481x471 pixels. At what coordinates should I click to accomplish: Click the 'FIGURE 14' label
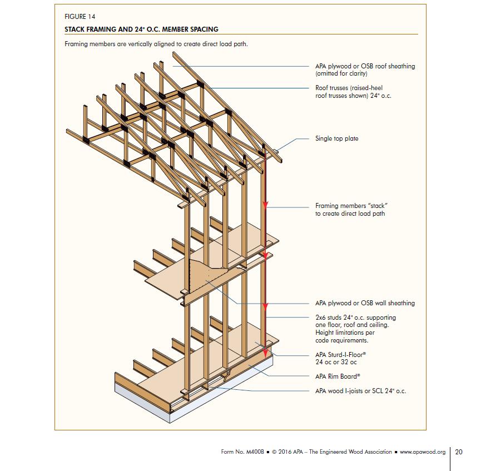pyautogui.click(x=80, y=17)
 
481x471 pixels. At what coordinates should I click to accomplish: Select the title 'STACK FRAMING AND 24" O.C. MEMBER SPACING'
pyautogui.click(x=141, y=29)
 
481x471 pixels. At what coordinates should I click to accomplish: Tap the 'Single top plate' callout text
pyautogui.click(x=336, y=138)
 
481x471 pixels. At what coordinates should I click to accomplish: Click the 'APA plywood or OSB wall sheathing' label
pyautogui.click(x=365, y=303)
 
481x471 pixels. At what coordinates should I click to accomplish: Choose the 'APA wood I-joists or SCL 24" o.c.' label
pyautogui.click(x=360, y=391)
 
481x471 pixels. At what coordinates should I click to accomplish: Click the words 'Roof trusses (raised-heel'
pyautogui.click(x=349, y=88)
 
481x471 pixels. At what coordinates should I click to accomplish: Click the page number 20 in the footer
pyautogui.click(x=458, y=452)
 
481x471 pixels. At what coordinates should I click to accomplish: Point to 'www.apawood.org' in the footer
pyautogui.click(x=423, y=452)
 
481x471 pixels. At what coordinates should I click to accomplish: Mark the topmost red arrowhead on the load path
pyautogui.click(x=266, y=205)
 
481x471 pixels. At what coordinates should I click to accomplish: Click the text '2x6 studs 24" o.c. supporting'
pyautogui.click(x=355, y=318)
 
